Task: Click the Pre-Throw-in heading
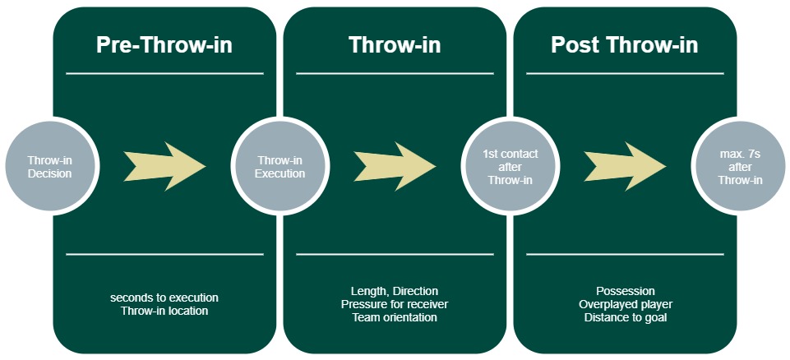coord(164,45)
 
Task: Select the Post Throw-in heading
coord(625,45)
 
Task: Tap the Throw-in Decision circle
coord(49,168)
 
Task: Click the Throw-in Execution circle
coord(280,168)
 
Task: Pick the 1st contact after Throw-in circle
coord(511,168)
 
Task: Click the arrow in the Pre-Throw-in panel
coord(164,167)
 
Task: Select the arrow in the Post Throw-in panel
coord(625,167)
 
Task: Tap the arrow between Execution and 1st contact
coord(395,167)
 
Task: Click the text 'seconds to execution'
coord(164,297)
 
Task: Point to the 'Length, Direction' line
coord(395,291)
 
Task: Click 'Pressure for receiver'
coord(395,304)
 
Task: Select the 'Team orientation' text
coord(395,317)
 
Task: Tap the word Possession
coord(625,291)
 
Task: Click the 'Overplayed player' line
coord(625,304)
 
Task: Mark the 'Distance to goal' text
coord(625,317)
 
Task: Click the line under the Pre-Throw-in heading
coord(164,73)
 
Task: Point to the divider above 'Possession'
coord(625,254)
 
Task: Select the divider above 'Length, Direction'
coord(395,254)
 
